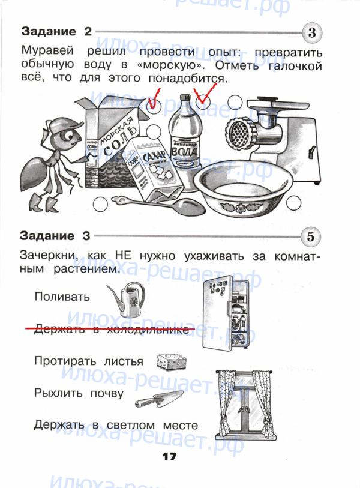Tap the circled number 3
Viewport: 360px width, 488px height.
click(x=311, y=33)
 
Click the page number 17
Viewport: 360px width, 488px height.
click(x=169, y=457)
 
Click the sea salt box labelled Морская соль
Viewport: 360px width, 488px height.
click(x=113, y=144)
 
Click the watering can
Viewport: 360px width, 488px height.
click(x=126, y=298)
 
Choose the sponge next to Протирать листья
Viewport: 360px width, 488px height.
click(x=171, y=361)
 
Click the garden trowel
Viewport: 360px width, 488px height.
click(x=158, y=399)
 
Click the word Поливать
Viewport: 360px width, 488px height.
click(x=62, y=297)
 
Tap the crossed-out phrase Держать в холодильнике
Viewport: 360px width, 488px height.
click(x=111, y=329)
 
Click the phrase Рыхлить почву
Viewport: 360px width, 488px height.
click(x=79, y=394)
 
